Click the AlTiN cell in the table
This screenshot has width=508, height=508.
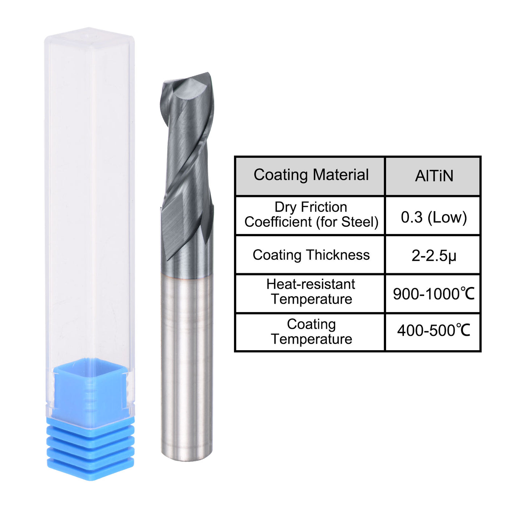434,176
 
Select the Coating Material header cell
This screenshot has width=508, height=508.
311,175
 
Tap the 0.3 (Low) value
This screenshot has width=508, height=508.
434,217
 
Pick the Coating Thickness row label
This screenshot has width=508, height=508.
311,255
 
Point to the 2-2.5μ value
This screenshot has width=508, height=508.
434,256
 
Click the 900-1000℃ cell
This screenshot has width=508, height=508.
434,294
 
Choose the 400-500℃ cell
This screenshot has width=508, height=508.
434,331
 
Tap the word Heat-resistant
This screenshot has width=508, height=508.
311,284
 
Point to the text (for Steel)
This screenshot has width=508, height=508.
347,222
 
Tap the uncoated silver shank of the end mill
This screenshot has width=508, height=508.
187,363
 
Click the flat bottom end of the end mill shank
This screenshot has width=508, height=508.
187,458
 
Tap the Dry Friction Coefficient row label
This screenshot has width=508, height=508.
311,214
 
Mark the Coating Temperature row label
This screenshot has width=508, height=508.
311,332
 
